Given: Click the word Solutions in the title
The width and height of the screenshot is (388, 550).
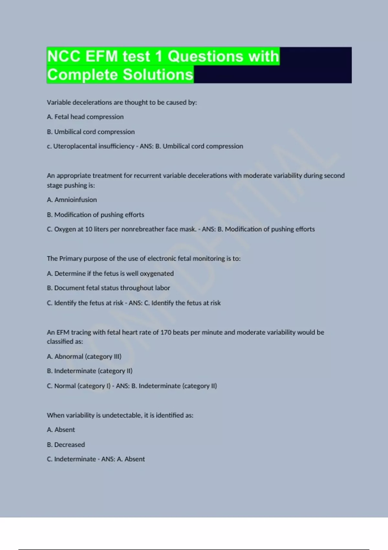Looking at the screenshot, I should (x=158, y=75).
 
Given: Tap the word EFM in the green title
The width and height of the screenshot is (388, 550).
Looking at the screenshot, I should (x=102, y=56).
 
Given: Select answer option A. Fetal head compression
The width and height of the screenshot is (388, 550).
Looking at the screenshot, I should (x=85, y=117).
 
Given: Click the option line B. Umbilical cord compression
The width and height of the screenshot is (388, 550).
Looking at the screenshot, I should (x=91, y=132).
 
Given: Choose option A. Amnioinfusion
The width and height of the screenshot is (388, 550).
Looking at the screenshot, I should (x=72, y=200).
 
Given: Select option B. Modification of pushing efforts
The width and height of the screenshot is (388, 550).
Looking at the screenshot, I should (x=95, y=214).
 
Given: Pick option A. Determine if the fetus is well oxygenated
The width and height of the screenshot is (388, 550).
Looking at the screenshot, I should (x=110, y=273).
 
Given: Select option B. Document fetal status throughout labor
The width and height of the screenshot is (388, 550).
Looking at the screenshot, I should (x=108, y=288).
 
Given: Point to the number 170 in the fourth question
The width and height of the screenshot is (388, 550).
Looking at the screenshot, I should (x=166, y=332).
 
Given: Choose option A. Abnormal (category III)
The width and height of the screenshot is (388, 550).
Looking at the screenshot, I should (x=84, y=357).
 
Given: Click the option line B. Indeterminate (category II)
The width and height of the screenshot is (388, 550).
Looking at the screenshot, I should (x=90, y=371).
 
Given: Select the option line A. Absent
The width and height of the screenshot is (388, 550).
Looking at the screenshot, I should (x=61, y=430).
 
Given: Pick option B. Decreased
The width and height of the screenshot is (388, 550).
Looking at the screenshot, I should (x=66, y=445).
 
